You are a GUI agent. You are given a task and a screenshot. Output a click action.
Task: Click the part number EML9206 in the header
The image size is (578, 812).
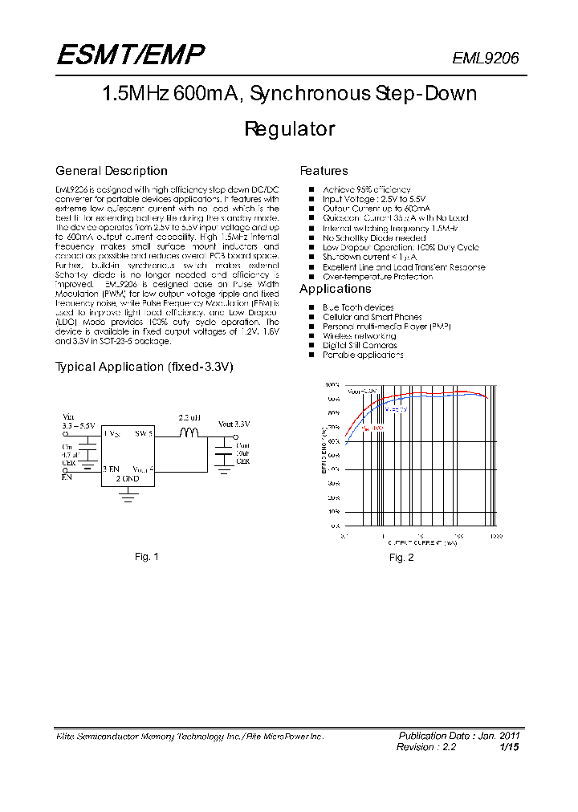(486, 58)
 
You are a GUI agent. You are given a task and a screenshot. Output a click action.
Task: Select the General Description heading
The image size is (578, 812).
(111, 171)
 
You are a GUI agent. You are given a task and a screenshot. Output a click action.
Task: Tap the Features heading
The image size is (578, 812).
(324, 171)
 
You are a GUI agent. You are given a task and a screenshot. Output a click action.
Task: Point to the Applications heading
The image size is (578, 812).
(335, 289)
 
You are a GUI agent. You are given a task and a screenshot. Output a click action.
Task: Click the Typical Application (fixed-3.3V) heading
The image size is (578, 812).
(144, 367)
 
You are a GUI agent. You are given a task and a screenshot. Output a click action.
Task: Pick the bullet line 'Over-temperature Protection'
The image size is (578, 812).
(377, 277)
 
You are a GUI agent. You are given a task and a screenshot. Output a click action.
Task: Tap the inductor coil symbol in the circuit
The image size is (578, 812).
(189, 433)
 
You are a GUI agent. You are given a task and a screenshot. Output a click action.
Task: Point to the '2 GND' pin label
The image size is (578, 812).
(128, 478)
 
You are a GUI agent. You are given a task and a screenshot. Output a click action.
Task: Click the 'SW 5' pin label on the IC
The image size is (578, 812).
(144, 433)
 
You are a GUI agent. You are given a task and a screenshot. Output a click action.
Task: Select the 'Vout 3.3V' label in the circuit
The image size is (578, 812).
(234, 424)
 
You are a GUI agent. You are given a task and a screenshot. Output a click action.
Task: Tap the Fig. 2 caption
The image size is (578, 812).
(401, 558)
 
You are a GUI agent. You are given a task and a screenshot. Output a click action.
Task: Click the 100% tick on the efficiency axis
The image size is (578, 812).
(333, 385)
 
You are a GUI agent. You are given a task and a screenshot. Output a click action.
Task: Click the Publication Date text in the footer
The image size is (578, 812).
(459, 736)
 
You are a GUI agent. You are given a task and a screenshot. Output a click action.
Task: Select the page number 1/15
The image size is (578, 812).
(510, 747)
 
